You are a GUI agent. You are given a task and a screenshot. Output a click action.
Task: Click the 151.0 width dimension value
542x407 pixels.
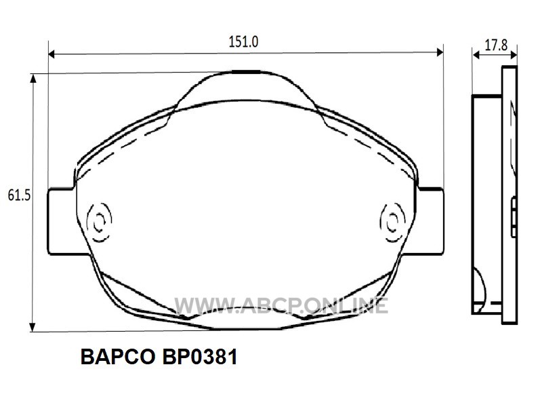point(243,42)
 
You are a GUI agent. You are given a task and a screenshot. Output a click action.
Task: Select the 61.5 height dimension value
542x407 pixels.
point(19,195)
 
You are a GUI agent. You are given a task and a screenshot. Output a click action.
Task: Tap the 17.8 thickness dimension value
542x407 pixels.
point(496,45)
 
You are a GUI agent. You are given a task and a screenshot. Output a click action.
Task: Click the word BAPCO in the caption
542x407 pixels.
point(117,357)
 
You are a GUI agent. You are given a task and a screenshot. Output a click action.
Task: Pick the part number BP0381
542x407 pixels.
point(200,357)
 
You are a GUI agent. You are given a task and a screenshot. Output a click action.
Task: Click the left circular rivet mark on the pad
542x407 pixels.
point(100,222)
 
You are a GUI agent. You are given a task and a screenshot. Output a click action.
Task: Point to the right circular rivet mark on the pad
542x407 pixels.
point(392,222)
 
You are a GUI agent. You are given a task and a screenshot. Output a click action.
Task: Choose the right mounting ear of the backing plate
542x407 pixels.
point(430,222)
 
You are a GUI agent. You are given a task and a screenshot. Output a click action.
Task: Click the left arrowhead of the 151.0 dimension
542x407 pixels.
point(52,54)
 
